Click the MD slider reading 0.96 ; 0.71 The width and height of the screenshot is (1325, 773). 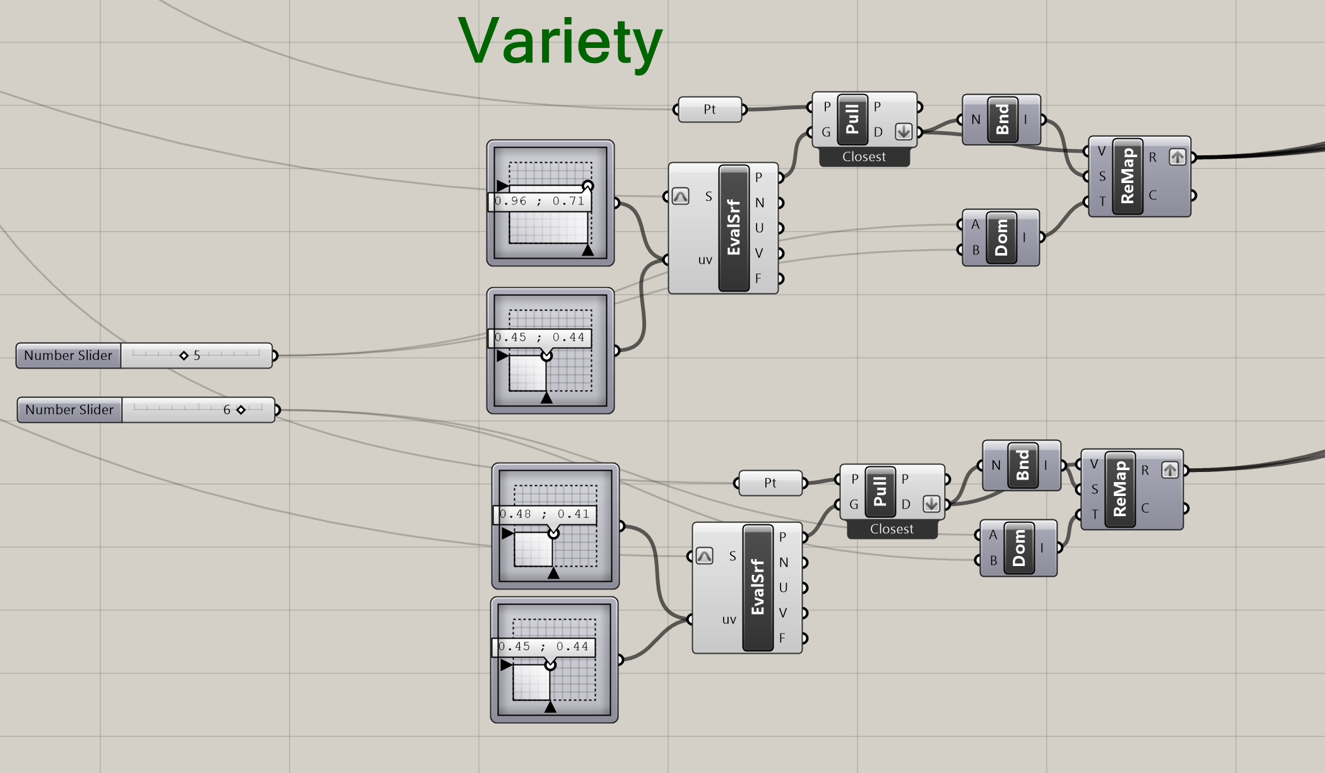(x=541, y=201)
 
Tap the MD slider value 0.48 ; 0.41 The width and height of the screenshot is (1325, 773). (x=545, y=514)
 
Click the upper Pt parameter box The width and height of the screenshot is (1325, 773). (x=709, y=110)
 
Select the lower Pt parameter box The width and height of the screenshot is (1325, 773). (x=770, y=483)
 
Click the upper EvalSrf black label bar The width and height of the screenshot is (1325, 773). (x=734, y=228)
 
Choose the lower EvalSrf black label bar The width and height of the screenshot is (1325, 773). (x=758, y=587)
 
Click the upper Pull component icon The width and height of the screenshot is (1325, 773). (x=852, y=119)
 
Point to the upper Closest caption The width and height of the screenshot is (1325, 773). (x=864, y=157)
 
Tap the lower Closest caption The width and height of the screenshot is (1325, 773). (x=892, y=529)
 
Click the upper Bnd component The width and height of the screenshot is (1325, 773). (x=1002, y=119)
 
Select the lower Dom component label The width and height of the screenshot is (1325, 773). (x=1019, y=548)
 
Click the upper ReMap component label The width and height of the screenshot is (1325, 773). (x=1128, y=176)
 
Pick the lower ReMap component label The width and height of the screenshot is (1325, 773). (x=1120, y=489)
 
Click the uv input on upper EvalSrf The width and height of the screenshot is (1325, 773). (x=705, y=260)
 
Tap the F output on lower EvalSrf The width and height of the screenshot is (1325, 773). (x=782, y=638)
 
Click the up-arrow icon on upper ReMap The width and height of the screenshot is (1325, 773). (x=1177, y=157)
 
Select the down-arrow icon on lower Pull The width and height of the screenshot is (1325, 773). (x=931, y=504)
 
